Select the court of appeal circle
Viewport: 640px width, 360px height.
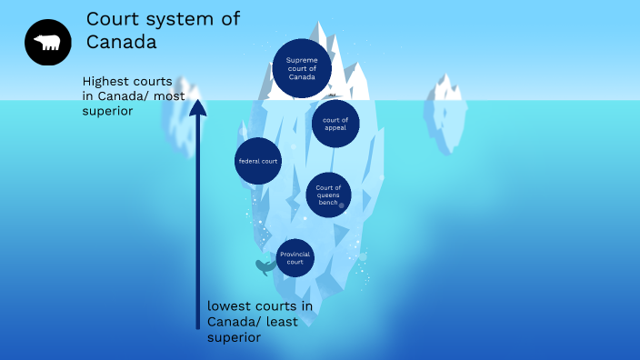pyautogui.click(x=335, y=123)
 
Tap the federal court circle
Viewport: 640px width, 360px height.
pyautogui.click(x=258, y=161)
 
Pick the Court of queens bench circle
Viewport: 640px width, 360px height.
pyautogui.click(x=328, y=195)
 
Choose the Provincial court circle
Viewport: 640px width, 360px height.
pyautogui.click(x=295, y=257)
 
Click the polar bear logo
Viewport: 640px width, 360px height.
pyautogui.click(x=47, y=43)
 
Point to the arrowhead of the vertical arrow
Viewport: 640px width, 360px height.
pyautogui.click(x=197, y=108)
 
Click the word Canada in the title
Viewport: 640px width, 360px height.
pyautogui.click(x=121, y=42)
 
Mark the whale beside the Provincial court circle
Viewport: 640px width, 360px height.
pyautogui.click(x=265, y=267)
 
